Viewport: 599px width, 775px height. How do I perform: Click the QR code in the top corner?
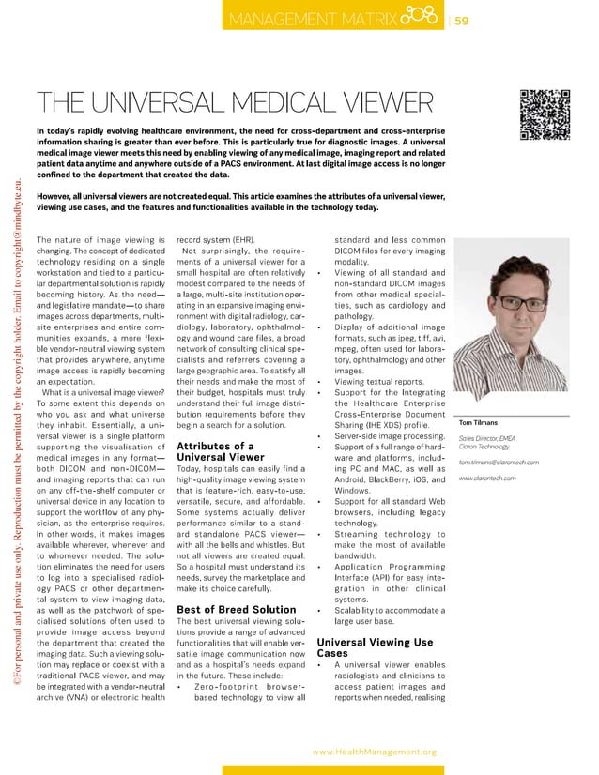point(545,114)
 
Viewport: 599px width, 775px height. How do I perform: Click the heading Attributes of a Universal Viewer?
point(216,452)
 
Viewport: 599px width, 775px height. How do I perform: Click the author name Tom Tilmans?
point(479,448)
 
